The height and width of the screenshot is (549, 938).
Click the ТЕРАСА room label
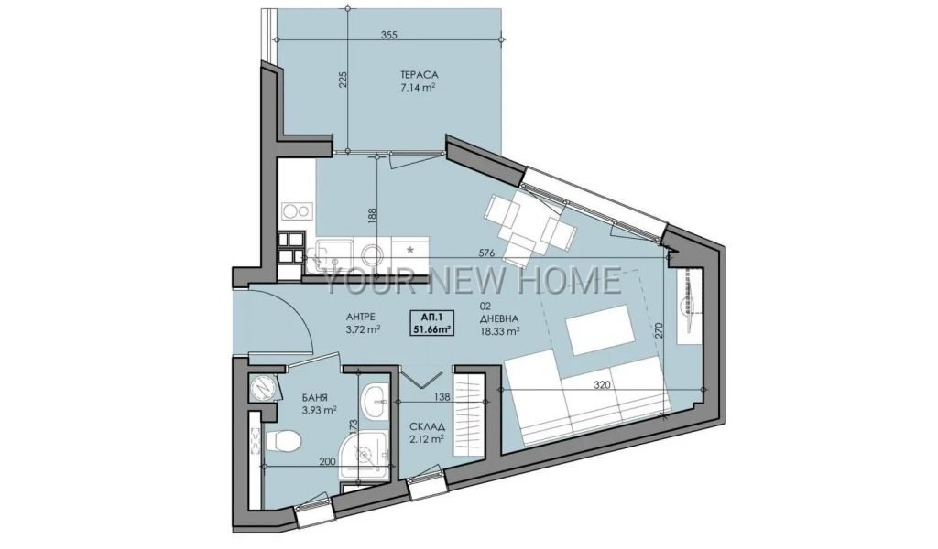(x=420, y=75)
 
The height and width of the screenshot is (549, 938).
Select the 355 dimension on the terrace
(x=388, y=35)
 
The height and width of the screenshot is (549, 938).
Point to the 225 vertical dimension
(x=343, y=80)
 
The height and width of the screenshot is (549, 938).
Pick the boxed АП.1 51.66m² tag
(x=431, y=323)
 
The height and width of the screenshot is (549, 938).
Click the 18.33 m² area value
(x=499, y=330)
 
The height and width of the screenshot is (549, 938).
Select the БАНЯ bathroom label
(x=316, y=398)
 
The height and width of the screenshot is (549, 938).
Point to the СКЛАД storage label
(x=427, y=426)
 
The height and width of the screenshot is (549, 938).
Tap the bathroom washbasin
(x=375, y=401)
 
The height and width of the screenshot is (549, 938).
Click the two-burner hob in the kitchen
(x=298, y=210)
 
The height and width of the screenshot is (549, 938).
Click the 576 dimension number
(x=487, y=253)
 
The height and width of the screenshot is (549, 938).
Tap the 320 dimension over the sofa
(x=603, y=385)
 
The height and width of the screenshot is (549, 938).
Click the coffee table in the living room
(x=599, y=329)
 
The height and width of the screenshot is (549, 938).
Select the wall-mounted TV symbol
(x=689, y=306)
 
